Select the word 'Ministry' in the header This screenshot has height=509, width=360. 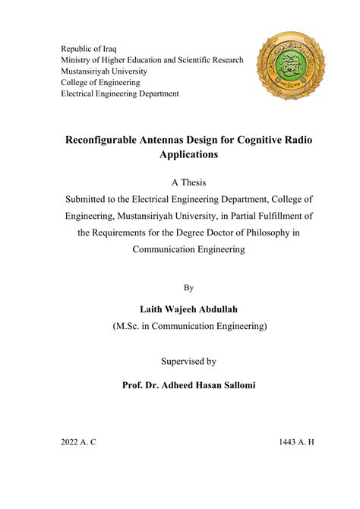pyautogui.click(x=78, y=60)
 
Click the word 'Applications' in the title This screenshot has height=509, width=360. pyautogui.click(x=188, y=155)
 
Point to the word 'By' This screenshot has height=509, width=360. pyautogui.click(x=188, y=288)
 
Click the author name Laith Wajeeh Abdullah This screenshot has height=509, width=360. pyautogui.click(x=188, y=309)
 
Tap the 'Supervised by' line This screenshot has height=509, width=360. pyautogui.click(x=188, y=362)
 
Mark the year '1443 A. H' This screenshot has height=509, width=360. pyautogui.click(x=296, y=441)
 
